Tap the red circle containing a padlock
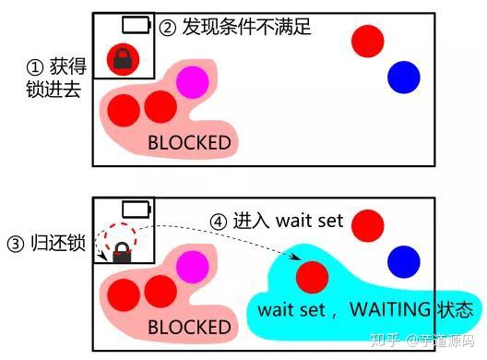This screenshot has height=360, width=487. pyautogui.click(x=122, y=60)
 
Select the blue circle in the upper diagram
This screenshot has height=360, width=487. pyautogui.click(x=403, y=78)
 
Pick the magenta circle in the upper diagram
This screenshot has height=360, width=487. pyautogui.click(x=192, y=82)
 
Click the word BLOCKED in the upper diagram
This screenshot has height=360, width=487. pyautogui.click(x=189, y=143)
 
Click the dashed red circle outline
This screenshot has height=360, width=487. pyautogui.click(x=121, y=237)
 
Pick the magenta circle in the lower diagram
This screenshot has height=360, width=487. pyautogui.click(x=192, y=267)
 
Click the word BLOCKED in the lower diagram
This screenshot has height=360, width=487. pyautogui.click(x=189, y=327)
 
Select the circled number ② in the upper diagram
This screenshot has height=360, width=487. pyautogui.click(x=167, y=27)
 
